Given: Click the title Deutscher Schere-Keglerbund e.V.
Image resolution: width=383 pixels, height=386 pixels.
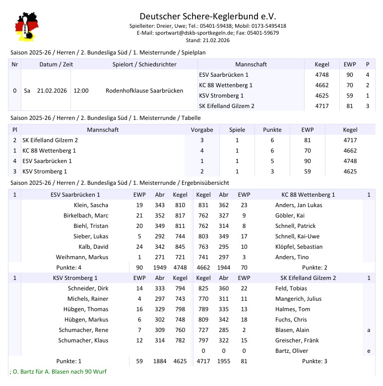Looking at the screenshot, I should (207, 16).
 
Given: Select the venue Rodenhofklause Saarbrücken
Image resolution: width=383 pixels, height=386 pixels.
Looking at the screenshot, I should (144, 91).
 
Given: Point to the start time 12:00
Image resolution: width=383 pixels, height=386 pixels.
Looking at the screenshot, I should (81, 91).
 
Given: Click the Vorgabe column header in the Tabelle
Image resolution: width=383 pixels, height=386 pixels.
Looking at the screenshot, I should (202, 130).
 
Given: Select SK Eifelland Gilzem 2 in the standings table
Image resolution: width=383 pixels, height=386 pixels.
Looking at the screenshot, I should (50, 140).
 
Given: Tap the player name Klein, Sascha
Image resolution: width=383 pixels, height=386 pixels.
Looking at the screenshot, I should (91, 205).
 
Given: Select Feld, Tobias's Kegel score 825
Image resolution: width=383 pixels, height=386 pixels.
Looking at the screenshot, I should (203, 288).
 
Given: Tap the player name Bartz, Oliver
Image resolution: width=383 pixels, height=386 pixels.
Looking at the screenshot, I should (292, 351).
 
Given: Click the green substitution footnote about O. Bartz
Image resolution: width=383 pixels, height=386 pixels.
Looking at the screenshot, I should (58, 372).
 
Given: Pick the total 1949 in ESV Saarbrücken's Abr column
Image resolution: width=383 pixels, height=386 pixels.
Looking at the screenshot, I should (160, 268).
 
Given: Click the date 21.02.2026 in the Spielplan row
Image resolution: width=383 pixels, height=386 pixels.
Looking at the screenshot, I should (52, 91).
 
